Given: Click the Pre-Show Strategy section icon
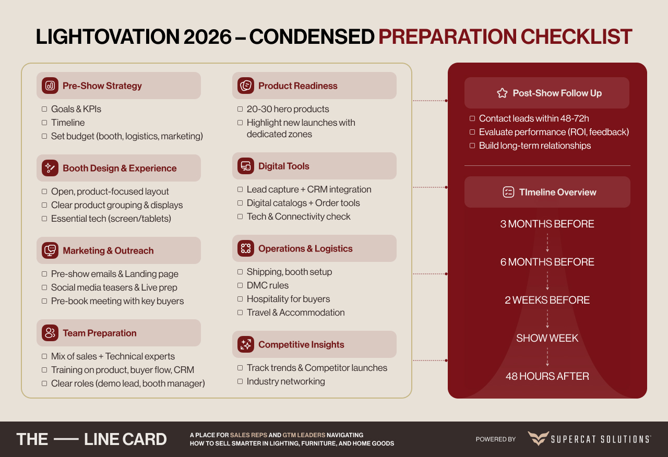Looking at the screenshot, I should point(50,86).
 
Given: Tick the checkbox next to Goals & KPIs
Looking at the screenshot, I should point(44,109).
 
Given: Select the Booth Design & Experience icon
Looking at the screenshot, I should point(50,168).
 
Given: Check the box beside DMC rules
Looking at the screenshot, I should point(240,285).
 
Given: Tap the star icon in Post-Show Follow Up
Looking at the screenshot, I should point(502,93).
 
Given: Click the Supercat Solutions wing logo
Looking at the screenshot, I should point(538,438).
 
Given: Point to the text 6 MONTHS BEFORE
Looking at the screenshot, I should point(547,262).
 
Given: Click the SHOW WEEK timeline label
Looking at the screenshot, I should point(547,338).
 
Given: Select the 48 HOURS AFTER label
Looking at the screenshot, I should point(547,376).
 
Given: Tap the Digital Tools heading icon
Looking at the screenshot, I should point(245,166).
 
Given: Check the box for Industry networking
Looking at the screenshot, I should point(240,381).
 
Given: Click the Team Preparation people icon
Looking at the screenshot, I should point(50,333).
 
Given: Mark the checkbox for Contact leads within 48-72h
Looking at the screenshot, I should point(472,118).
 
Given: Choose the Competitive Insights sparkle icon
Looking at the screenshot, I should point(245,344).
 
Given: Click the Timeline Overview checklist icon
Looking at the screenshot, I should point(508,192).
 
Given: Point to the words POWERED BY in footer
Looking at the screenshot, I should point(495,439).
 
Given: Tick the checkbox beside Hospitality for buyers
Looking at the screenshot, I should point(240,299).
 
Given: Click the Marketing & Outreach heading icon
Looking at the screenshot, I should point(50,250).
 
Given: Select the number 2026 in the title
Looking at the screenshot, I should point(207,37).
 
